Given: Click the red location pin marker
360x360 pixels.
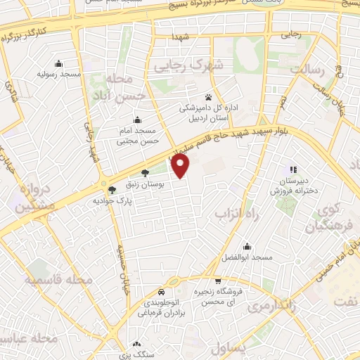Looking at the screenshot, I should click(181, 167).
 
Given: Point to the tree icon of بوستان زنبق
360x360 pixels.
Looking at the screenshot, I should click(146, 172).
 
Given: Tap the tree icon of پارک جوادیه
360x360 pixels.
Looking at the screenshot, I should click(111, 189).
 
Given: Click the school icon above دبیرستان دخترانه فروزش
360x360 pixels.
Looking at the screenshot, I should click(293, 169).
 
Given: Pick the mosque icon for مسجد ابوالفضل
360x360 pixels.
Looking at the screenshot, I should click(247, 247).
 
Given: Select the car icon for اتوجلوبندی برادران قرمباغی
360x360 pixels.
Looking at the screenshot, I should click(162, 292).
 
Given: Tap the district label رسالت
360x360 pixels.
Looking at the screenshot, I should click(311, 70).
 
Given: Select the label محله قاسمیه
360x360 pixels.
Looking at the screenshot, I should click(59, 280).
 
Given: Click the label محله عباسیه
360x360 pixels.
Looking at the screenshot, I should click(49, 339).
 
